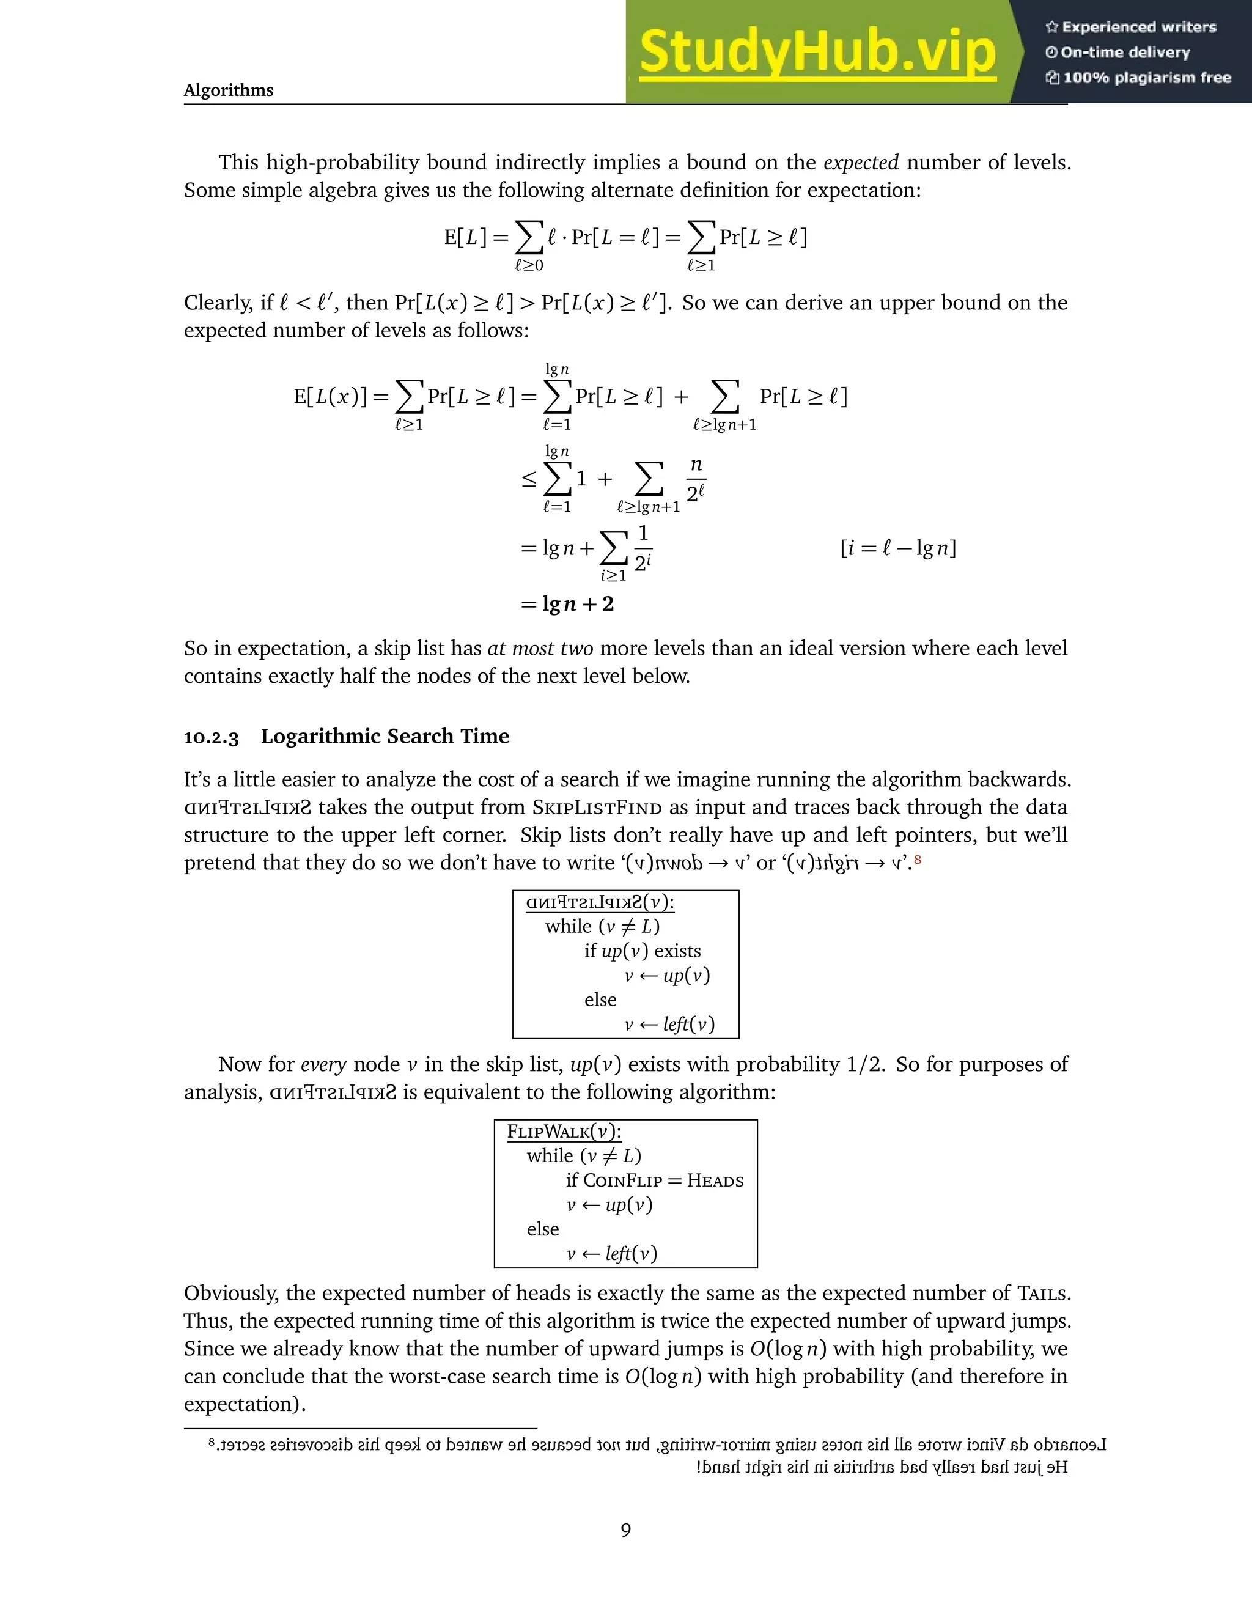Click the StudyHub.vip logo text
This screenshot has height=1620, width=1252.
coord(817,52)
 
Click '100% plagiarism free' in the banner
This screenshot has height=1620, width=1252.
coord(1138,78)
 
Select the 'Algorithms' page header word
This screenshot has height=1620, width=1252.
coord(229,90)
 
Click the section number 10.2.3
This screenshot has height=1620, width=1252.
coord(212,737)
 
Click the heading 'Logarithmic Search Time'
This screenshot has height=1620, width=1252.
coord(385,737)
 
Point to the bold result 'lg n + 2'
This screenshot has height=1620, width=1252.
coord(578,604)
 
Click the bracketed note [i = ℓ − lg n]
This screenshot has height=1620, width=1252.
coord(897,548)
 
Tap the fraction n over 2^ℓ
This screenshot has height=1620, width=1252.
coord(696,479)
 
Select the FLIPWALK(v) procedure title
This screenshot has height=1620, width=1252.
coord(564,1132)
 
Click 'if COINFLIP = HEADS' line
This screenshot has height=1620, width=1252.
coord(654,1180)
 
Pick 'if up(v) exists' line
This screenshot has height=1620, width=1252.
coord(643,951)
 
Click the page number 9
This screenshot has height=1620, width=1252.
coord(625,1530)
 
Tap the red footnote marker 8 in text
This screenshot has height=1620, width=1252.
coord(918,860)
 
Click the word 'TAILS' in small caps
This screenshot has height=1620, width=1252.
coord(1042,1294)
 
